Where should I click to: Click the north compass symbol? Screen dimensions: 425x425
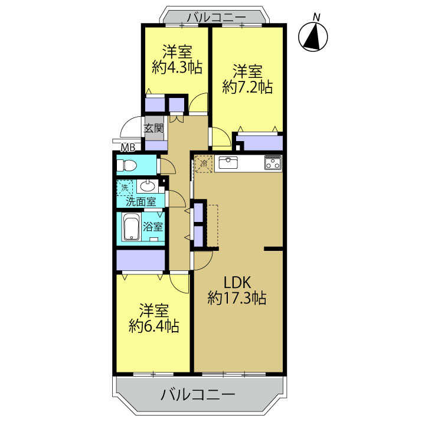point(313,36)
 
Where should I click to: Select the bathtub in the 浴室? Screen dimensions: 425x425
point(132,227)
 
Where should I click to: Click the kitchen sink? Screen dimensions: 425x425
point(228,163)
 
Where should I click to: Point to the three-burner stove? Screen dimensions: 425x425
point(273,163)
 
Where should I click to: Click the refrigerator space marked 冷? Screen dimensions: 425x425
point(204,164)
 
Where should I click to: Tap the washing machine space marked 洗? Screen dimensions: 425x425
point(125,187)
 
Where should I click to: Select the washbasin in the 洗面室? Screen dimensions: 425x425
point(147,186)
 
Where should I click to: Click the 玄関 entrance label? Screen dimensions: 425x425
point(153,128)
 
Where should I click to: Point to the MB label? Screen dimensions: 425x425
point(128,148)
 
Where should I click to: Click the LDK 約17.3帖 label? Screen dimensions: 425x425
point(237,290)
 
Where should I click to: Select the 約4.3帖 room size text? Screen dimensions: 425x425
point(177,67)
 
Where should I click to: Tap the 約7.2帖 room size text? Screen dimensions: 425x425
point(247,87)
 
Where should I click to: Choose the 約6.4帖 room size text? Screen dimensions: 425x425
point(153,326)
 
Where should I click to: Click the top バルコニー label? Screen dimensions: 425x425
point(217,18)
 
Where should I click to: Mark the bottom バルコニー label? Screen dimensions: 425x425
point(198,394)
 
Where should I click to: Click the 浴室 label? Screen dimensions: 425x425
point(153,227)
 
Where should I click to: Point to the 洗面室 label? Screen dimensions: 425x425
point(141,202)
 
